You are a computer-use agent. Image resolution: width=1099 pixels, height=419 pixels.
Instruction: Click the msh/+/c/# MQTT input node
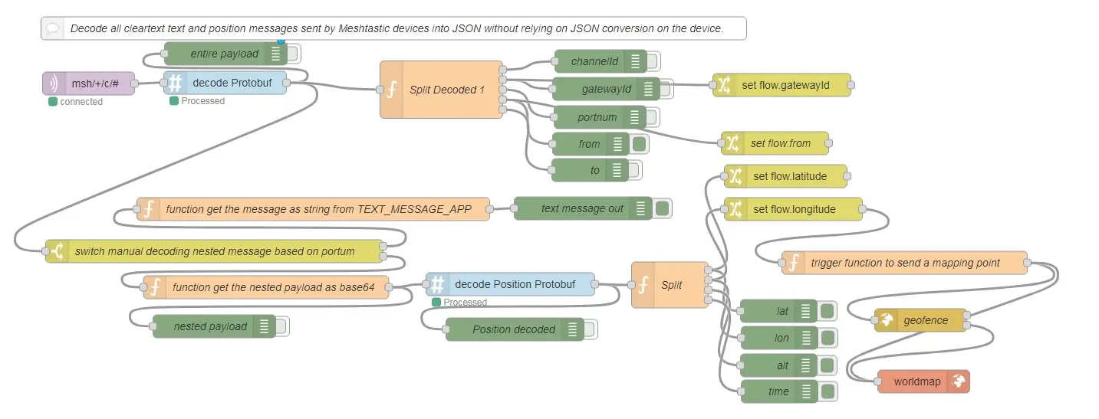coord(88,83)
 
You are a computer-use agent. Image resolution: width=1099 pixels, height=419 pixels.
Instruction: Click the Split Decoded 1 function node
coord(442,90)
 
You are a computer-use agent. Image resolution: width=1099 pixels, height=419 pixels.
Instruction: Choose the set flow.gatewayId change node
coord(781,86)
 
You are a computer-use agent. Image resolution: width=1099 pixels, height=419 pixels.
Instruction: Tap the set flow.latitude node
coord(785,176)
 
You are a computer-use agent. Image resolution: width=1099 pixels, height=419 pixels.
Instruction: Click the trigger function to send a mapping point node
coord(904,263)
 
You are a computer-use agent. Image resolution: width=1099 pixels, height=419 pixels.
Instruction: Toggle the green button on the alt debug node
coord(828,365)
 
